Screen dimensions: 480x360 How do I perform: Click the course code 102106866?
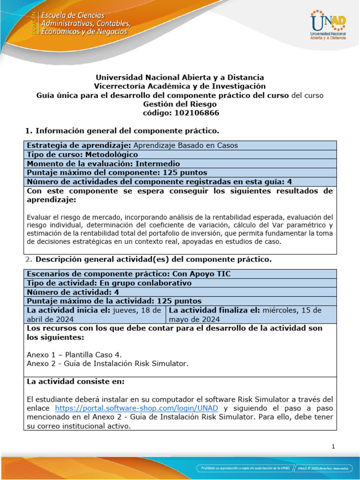180,113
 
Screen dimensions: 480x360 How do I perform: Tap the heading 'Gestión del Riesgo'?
180,104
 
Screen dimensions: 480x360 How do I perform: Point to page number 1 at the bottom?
333,447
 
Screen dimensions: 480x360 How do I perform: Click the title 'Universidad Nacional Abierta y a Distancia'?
180,77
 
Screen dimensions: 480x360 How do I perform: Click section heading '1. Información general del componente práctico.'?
121,130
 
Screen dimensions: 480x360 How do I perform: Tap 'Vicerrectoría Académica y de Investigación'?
180,86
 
